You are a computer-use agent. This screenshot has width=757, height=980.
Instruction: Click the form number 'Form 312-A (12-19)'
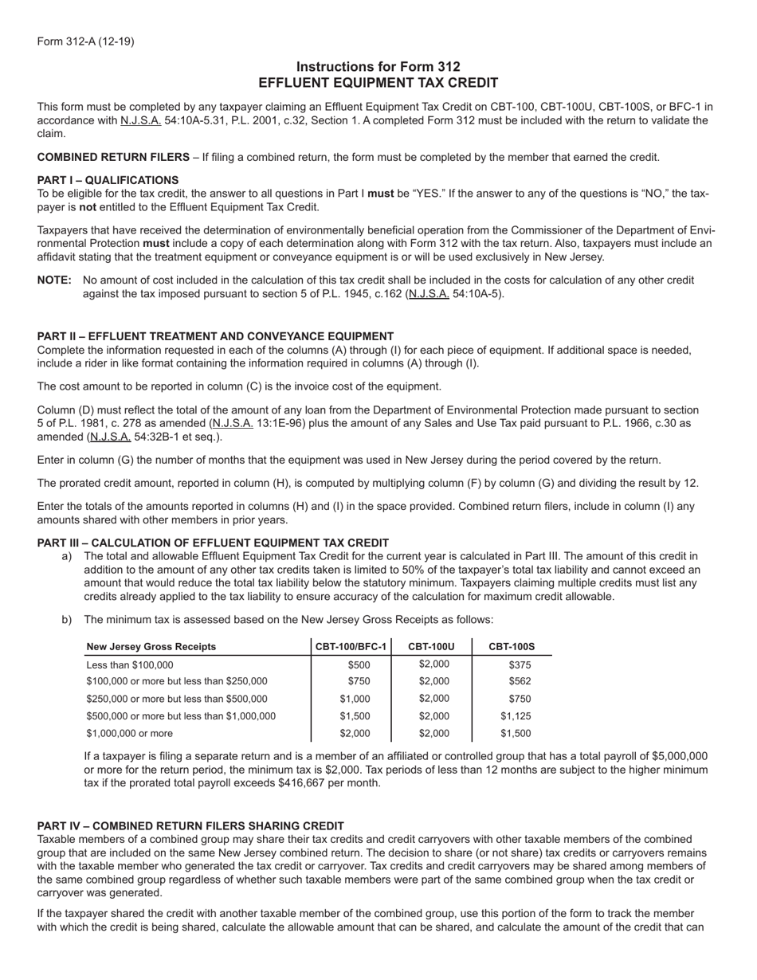click(x=85, y=41)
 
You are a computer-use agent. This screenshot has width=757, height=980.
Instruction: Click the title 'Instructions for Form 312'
click(x=378, y=67)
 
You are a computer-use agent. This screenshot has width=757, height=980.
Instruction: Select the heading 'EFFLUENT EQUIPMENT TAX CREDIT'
click(x=378, y=83)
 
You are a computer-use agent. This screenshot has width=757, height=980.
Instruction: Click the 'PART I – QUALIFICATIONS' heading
click(x=108, y=180)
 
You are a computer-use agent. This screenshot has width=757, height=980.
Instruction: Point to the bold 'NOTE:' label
click(x=54, y=280)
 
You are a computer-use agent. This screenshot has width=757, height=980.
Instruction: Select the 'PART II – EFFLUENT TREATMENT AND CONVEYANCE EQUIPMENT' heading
click(x=215, y=336)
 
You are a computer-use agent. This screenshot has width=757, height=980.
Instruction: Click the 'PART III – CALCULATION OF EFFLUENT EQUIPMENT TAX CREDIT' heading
click(x=213, y=543)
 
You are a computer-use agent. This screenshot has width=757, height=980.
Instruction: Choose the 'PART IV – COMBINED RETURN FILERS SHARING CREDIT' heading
click(x=190, y=825)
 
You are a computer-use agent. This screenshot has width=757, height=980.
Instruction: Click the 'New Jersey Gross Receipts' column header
click(x=151, y=646)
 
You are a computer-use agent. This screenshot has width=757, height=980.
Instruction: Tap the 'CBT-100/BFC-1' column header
click(x=351, y=646)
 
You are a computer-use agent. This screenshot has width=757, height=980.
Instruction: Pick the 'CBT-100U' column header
click(x=431, y=646)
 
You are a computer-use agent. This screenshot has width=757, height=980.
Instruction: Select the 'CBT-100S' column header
click(x=512, y=646)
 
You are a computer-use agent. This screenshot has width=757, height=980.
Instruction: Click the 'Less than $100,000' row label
click(x=129, y=664)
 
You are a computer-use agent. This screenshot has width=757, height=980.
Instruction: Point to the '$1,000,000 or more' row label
click(x=129, y=733)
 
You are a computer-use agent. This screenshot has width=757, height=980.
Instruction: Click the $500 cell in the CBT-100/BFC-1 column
click(x=359, y=664)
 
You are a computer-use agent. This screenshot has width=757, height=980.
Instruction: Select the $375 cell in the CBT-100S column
click(x=520, y=664)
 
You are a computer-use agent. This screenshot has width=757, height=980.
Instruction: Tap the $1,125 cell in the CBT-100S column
click(x=516, y=715)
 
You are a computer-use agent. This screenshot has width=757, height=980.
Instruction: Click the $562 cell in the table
click(x=520, y=681)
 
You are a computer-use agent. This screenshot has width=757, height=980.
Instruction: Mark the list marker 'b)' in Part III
click(x=67, y=619)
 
